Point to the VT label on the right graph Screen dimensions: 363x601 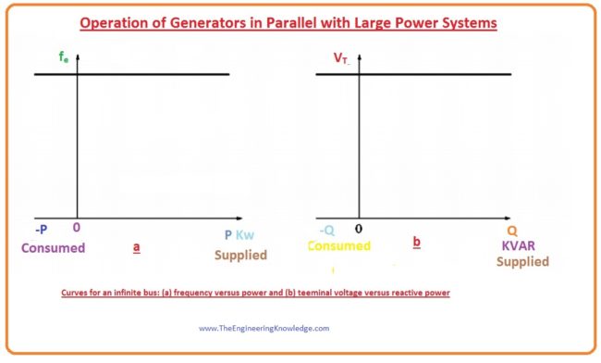[341, 58]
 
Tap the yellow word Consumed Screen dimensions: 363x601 [337, 246]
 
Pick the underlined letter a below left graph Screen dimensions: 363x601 [137, 247]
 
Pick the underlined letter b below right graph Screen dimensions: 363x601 [416, 243]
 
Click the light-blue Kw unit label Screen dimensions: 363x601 [245, 235]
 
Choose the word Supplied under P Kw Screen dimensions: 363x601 [240, 255]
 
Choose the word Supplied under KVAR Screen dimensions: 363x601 [521, 262]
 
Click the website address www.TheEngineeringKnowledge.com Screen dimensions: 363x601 [264, 328]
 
